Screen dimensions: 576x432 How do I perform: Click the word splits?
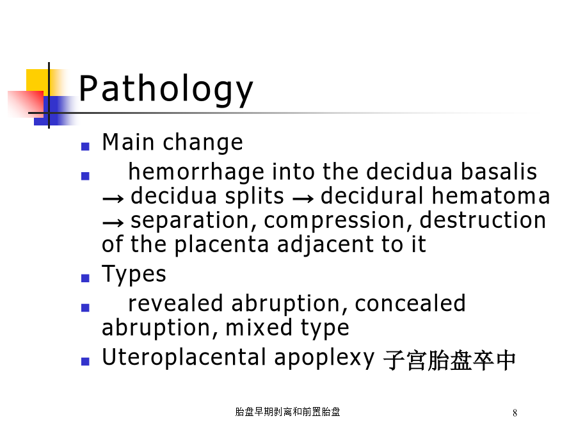(x=254, y=196)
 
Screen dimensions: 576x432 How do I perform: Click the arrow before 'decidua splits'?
(x=113, y=199)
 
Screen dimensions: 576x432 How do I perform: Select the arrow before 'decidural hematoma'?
(x=303, y=199)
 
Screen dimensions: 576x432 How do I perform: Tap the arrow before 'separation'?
(x=113, y=223)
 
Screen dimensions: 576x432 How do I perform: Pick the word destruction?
(x=483, y=220)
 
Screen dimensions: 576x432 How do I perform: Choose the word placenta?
(x=221, y=245)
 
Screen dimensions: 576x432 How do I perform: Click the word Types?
(x=134, y=275)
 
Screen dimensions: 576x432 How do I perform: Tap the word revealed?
(x=175, y=303)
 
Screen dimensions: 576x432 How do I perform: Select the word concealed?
(x=410, y=303)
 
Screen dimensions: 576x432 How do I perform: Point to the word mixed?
(x=259, y=327)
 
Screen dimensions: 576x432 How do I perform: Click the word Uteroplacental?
(x=184, y=356)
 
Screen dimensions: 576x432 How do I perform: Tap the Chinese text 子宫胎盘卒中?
(x=450, y=360)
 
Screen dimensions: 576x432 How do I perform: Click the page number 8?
(x=515, y=413)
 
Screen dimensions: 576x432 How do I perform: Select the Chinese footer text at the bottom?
(x=287, y=412)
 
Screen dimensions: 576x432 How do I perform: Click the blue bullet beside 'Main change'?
(x=85, y=147)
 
